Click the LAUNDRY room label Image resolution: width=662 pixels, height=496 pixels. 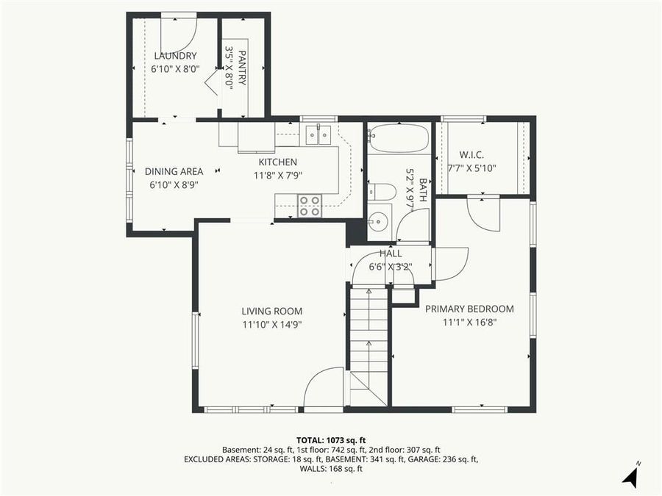tap(175, 56)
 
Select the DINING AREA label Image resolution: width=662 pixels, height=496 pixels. tap(174, 172)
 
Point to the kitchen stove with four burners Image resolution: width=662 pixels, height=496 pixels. tap(309, 205)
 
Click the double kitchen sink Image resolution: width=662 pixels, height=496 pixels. tap(318, 134)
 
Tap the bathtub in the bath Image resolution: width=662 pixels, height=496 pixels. tap(399, 138)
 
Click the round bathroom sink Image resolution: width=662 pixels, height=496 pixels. tap(379, 220)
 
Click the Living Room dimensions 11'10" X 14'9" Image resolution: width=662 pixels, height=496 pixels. tap(272, 323)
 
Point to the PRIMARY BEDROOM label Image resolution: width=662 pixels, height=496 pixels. tap(469, 309)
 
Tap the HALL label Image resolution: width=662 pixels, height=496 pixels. tap(391, 254)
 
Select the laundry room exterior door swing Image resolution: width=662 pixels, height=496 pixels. tap(179, 34)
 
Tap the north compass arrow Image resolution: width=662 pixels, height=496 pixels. tap(630, 475)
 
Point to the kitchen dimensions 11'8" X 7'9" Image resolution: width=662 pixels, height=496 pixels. tap(277, 176)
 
